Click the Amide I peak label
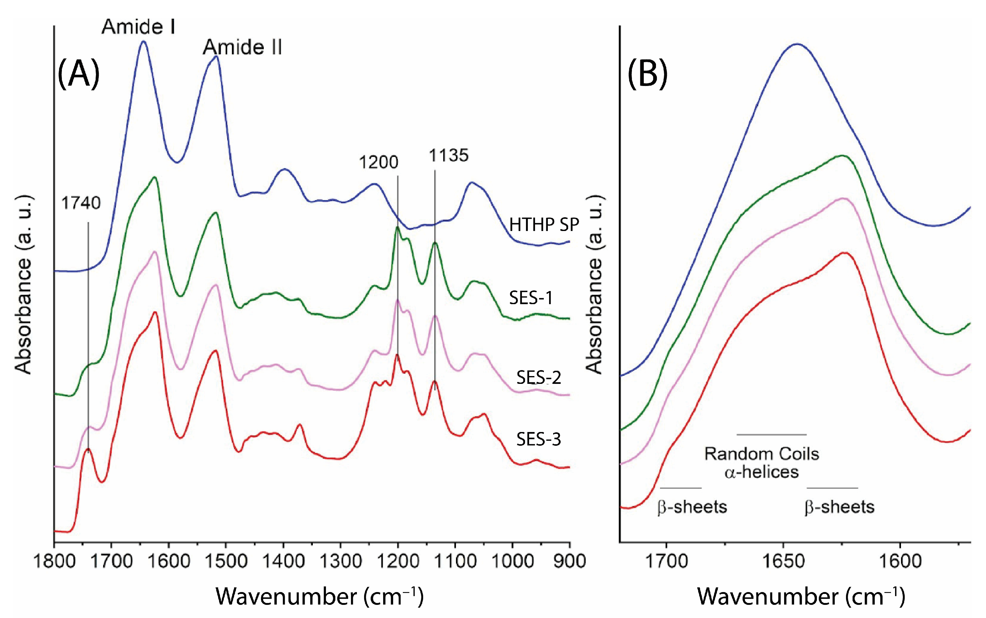(138, 27)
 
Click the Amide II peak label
(242, 48)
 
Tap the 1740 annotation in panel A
(81, 203)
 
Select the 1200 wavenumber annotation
(378, 163)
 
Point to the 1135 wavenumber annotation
(448, 156)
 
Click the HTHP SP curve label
(544, 225)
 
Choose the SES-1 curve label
(531, 298)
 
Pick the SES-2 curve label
(538, 378)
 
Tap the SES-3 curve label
(538, 440)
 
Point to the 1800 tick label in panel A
(54, 561)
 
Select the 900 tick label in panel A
(570, 561)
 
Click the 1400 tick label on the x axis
(283, 561)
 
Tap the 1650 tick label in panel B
(783, 561)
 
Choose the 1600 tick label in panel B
(900, 561)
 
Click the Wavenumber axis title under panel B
(801, 596)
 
